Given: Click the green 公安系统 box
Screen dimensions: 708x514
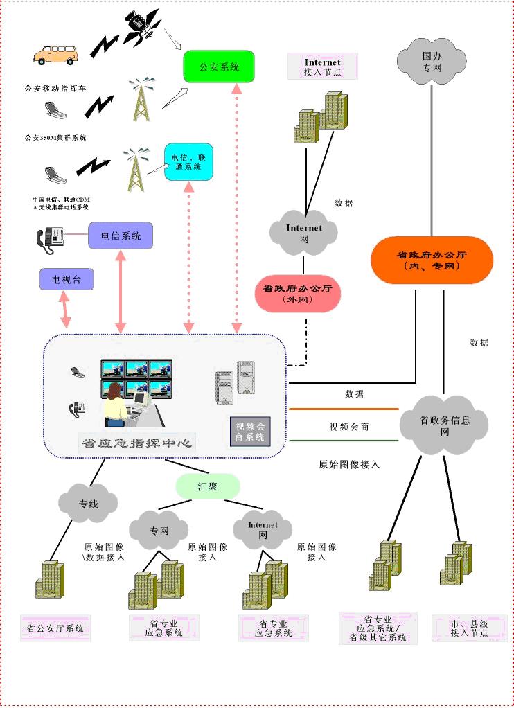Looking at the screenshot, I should point(218,67).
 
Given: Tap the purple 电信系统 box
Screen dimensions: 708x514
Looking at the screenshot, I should point(121,236).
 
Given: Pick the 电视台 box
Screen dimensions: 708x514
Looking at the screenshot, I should point(66,280).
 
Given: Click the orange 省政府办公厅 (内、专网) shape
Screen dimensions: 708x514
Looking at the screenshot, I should point(432,260).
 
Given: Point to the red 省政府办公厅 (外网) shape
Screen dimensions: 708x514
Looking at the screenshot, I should point(298,293).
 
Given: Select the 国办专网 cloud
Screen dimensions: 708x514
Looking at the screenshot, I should point(432,60).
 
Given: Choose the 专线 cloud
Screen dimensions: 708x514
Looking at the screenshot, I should point(88,504).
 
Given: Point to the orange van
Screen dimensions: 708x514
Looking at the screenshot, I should point(57,54).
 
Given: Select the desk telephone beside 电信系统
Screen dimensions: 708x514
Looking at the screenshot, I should point(51,238).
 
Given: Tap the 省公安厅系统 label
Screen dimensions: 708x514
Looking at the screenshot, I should point(55,628).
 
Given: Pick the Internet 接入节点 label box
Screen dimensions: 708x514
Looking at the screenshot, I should point(322,67).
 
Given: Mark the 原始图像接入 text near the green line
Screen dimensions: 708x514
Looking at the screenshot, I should point(349,464).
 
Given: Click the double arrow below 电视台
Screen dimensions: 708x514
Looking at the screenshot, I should point(65,310).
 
